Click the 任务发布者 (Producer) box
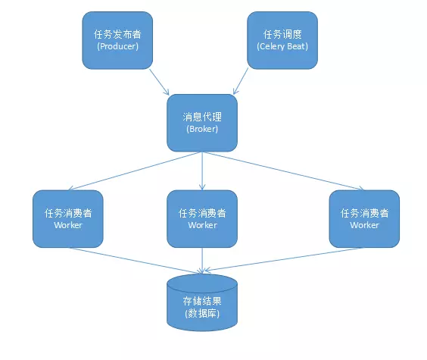point(117,40)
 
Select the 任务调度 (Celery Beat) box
point(282,40)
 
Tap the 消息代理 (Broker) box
point(201,123)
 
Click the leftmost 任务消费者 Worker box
point(68,218)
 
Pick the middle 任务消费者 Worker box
point(202,218)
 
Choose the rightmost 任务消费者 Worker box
point(364,218)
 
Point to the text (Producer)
point(117,46)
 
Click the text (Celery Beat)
point(282,46)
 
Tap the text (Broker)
point(201,130)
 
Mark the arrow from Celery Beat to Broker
point(243,82)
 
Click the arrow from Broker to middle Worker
point(202,171)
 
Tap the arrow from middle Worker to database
point(202,260)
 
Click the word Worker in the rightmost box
point(364,225)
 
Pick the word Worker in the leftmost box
point(68,225)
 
